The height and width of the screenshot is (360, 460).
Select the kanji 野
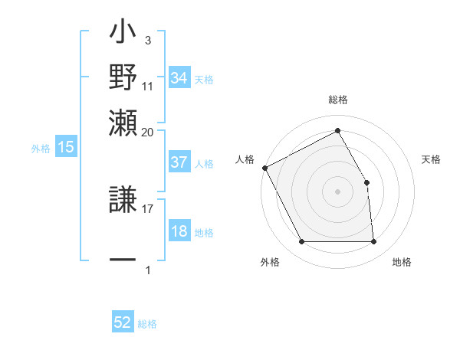pos(123,77)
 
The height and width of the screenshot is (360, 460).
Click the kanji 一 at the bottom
pos(123,260)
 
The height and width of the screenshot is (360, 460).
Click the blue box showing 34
pos(179,78)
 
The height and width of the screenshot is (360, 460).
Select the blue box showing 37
pos(179,162)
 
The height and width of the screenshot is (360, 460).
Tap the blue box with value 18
pos(179,232)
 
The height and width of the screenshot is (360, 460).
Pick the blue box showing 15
pos(66,148)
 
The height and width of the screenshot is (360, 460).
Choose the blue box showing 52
pos(123,322)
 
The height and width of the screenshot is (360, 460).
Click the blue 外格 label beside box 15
pos(40,149)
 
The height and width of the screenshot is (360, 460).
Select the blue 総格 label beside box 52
pos(147,324)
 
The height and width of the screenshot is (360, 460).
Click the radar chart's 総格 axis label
pos(337,100)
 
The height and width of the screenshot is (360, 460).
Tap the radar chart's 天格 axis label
pos(432,159)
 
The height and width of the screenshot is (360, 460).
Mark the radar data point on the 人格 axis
pos(264,168)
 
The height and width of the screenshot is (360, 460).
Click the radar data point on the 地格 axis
pos(374,242)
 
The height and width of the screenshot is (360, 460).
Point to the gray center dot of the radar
pos(337,191)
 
